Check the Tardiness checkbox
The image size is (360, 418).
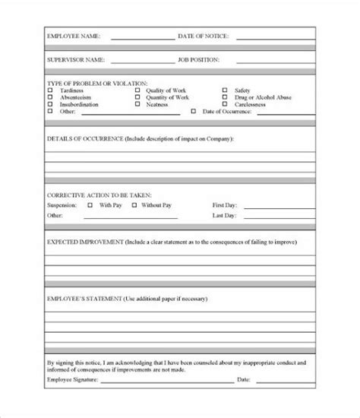tap(50, 90)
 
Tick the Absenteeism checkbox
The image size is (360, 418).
tap(50, 97)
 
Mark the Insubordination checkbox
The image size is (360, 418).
tap(50, 103)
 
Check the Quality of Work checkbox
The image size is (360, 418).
tap(137, 90)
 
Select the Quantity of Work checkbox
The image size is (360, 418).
tap(137, 97)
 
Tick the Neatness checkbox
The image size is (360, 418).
tap(137, 103)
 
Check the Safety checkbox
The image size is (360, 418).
tap(226, 90)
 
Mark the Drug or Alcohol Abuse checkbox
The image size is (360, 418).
tap(226, 97)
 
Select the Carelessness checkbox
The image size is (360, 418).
tap(226, 103)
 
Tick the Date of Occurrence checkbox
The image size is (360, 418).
tap(193, 111)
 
